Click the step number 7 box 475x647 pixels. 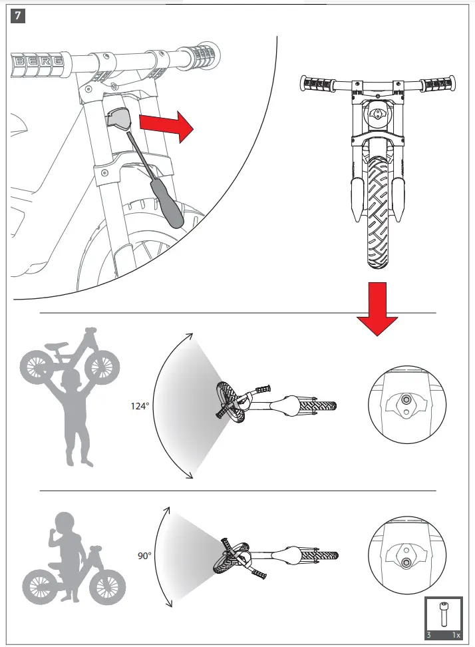click(18, 15)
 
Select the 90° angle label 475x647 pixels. click(144, 554)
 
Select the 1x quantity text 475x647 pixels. click(455, 635)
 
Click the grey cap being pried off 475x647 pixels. click(120, 120)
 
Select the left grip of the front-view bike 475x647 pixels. click(317, 85)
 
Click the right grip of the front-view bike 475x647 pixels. click(439, 85)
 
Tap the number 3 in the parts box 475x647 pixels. click(430, 635)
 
